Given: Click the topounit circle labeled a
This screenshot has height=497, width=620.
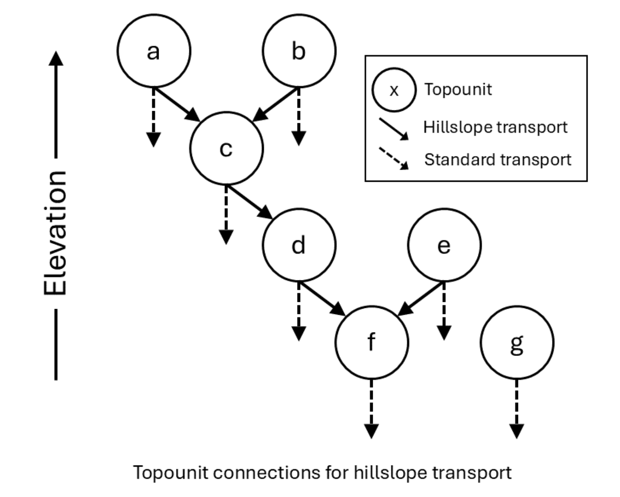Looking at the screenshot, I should (x=153, y=51).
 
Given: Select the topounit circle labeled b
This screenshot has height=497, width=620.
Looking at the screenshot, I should (x=299, y=51).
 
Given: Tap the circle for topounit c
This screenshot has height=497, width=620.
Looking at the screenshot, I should (x=226, y=148).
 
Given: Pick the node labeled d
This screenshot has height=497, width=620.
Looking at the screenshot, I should (x=299, y=244).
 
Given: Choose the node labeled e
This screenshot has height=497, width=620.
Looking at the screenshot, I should (x=444, y=244).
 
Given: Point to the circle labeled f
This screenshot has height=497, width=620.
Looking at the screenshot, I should (x=371, y=342).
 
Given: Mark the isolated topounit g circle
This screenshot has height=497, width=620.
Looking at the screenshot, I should (x=517, y=342).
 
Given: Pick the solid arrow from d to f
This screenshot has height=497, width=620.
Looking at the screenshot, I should (x=322, y=298).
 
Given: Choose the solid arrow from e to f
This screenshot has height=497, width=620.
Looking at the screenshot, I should (x=421, y=298).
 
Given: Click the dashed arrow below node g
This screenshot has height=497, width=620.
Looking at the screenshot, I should (x=517, y=408).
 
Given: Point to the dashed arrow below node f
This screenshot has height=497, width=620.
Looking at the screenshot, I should (x=371, y=408).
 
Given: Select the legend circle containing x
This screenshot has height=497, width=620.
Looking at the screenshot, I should (x=394, y=90).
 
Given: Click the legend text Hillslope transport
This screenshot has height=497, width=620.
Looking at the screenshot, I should (x=495, y=127).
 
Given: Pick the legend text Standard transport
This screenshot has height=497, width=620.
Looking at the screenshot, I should (x=497, y=160).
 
